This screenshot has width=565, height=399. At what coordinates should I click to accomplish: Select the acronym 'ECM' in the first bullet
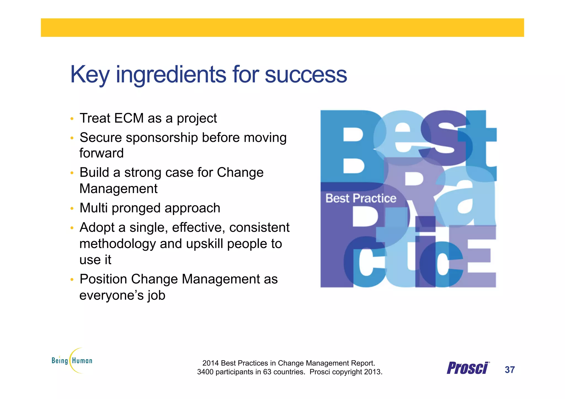click(129, 118)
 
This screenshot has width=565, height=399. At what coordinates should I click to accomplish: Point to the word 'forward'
click(102, 153)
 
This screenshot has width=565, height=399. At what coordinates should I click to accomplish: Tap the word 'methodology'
click(118, 244)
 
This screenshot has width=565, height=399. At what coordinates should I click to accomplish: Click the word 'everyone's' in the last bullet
click(111, 295)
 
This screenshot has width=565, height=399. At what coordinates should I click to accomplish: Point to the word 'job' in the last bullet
click(156, 296)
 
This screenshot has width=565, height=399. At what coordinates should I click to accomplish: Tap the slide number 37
click(510, 370)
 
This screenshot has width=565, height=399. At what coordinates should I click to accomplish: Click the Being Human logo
click(72, 360)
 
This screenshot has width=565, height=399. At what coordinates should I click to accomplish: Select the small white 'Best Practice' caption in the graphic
click(361, 198)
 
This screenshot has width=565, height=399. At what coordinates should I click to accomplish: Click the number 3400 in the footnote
click(206, 372)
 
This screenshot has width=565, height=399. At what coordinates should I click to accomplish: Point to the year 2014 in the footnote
click(210, 363)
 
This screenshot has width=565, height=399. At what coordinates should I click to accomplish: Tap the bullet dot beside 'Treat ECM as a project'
click(72, 119)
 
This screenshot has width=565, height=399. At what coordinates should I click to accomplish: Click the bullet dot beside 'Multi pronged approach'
click(72, 208)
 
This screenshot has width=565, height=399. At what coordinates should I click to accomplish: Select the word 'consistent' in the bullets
click(259, 228)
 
